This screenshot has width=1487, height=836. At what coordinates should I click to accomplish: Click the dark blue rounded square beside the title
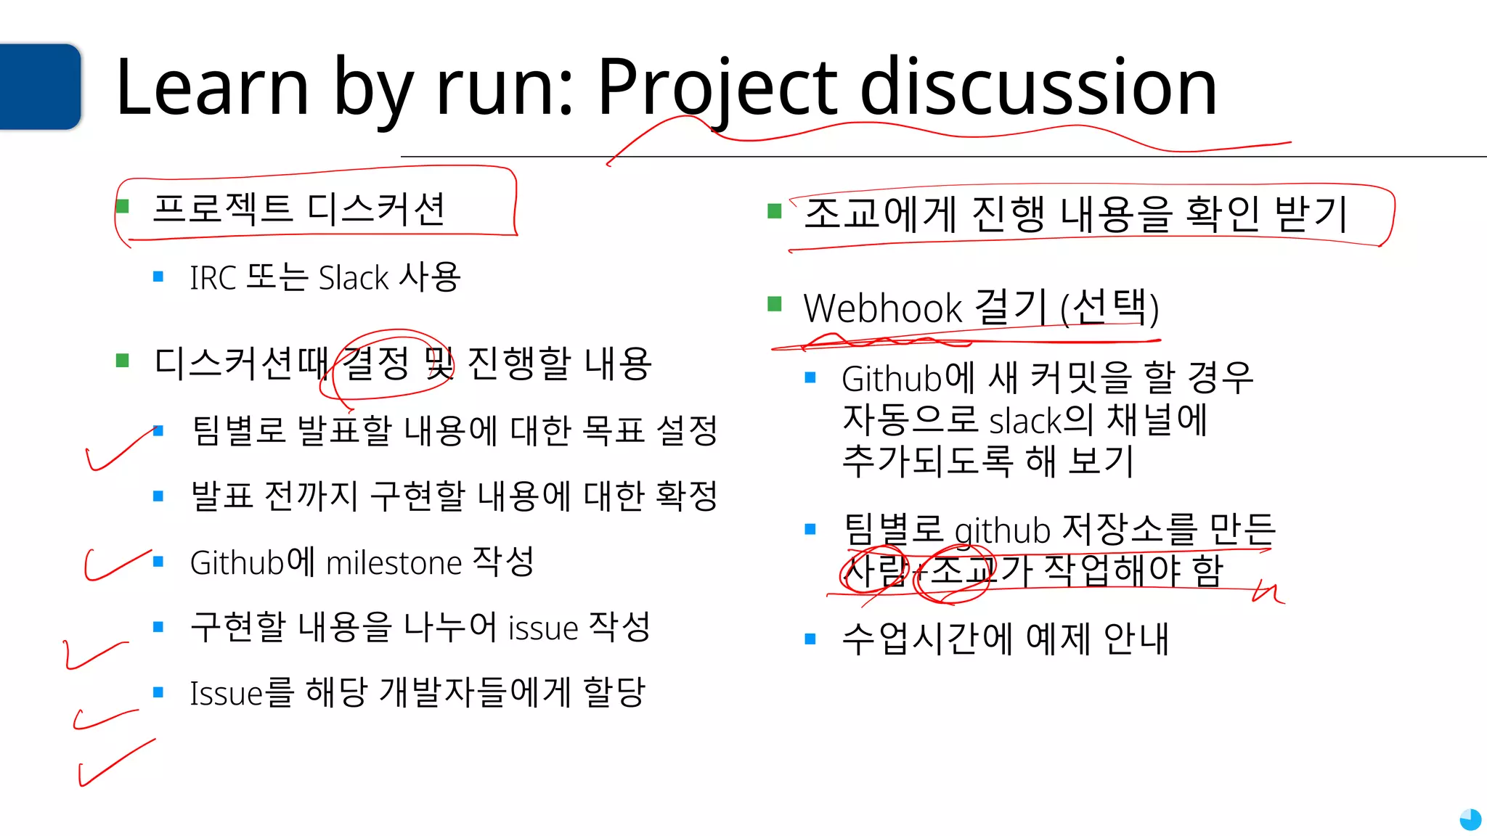(40, 86)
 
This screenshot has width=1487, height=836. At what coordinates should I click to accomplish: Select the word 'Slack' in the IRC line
(354, 278)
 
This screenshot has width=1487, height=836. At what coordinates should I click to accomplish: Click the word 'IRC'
(213, 278)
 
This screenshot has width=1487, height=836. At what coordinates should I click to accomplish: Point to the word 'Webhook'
(882, 308)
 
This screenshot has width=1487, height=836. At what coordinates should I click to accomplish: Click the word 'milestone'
(394, 563)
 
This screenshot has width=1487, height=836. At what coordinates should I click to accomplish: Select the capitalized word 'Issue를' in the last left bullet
(241, 693)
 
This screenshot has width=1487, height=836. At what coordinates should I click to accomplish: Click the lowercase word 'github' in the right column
(1002, 531)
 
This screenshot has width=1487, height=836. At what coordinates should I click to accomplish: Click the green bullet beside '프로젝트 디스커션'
(123, 207)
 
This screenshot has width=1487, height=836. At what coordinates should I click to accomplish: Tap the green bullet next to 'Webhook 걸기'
(775, 303)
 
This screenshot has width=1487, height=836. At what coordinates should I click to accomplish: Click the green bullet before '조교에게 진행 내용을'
(775, 211)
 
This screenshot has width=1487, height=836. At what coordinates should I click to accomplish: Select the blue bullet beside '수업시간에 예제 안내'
(811, 639)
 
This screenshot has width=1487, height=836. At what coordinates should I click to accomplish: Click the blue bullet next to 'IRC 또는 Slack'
(158, 276)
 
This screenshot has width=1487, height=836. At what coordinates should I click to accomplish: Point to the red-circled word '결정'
(375, 364)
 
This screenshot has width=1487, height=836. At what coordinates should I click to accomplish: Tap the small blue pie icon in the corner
(1470, 819)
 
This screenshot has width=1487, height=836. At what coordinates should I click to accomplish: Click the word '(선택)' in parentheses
(1109, 308)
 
